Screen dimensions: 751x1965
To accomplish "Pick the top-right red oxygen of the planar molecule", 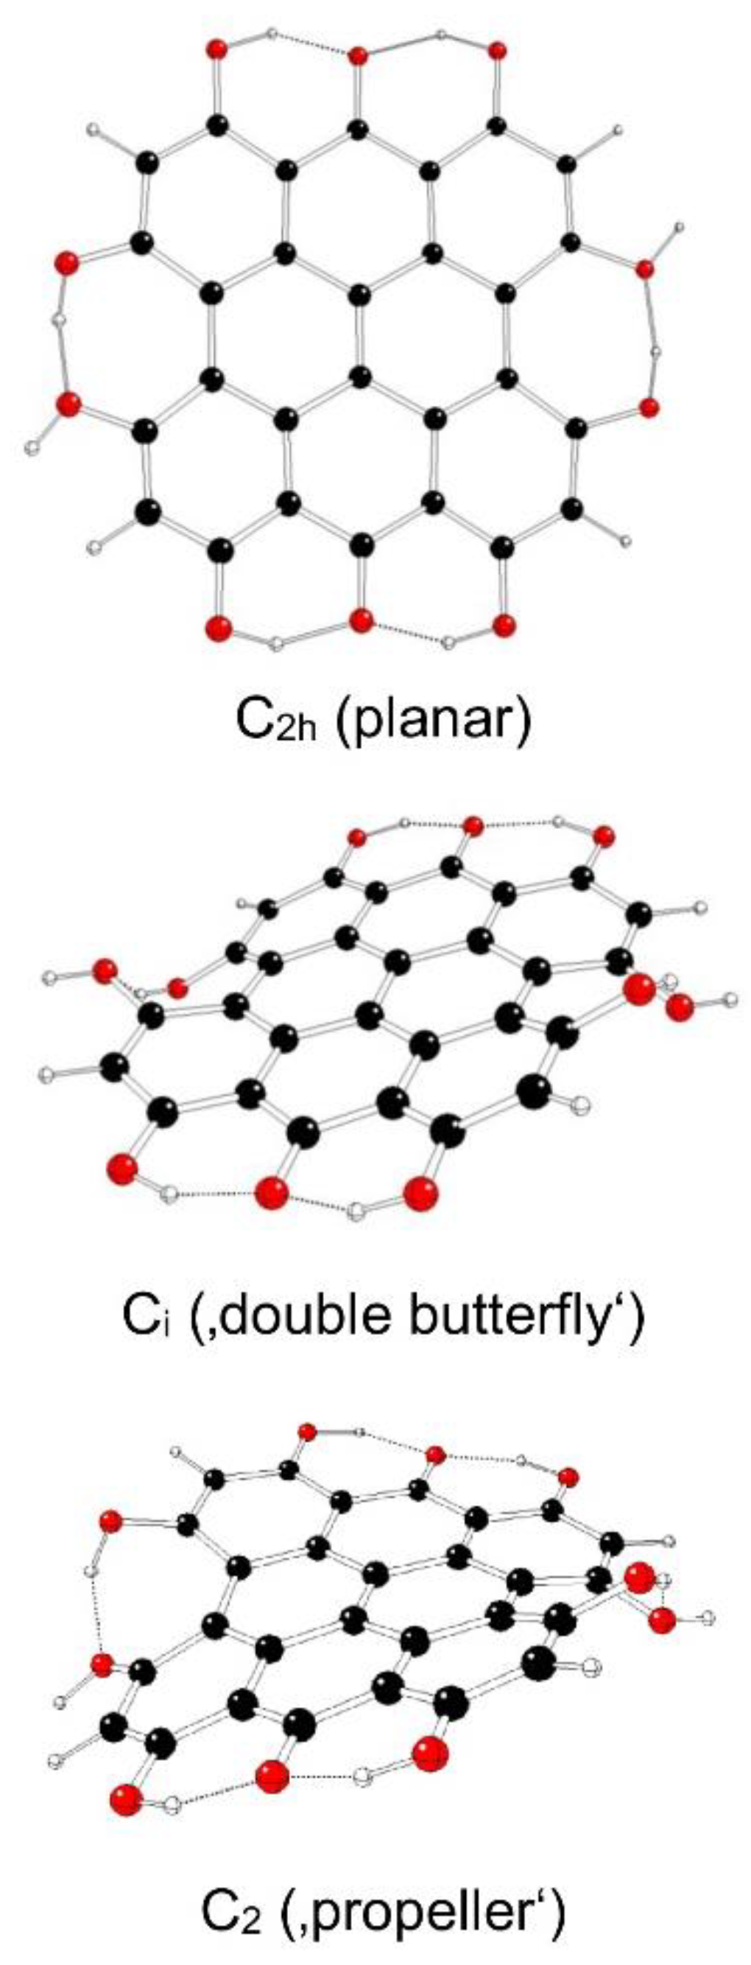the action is [496, 51].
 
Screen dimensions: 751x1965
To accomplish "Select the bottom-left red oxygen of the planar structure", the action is [218, 629].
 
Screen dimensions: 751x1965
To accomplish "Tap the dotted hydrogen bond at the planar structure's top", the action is [313, 44].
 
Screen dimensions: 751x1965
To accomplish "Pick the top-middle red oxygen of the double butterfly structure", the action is [473, 825].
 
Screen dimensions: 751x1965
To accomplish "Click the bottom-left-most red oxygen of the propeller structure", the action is [127, 1800].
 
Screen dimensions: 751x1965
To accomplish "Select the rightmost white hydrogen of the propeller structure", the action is [709, 1617].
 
